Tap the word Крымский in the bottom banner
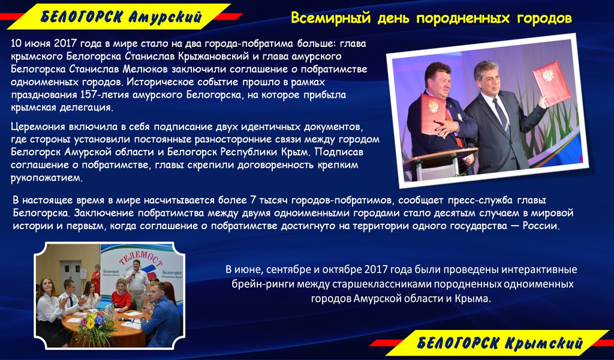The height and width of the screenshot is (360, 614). tap(544, 343)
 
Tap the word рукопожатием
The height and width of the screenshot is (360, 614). tap(47, 178)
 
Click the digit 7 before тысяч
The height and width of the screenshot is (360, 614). tap(254, 200)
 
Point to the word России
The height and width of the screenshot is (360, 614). tap(541, 226)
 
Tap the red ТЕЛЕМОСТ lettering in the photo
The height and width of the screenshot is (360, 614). tap(140, 261)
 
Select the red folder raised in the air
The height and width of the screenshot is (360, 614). tap(552, 83)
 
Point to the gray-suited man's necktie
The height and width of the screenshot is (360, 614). tap(502, 116)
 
